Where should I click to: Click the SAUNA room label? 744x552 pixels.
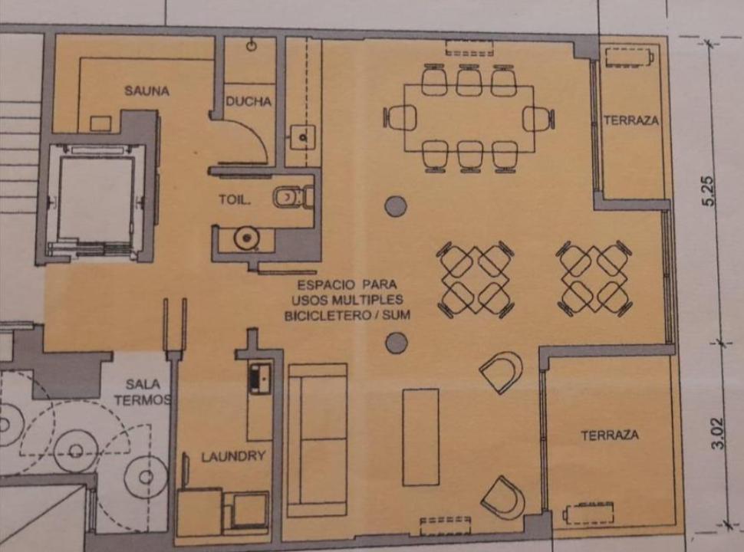click(146, 90)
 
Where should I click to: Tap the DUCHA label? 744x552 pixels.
click(249, 101)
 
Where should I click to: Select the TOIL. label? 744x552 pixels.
click(235, 199)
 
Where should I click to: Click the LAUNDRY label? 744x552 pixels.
click(233, 457)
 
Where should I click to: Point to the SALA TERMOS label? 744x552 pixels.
click(143, 393)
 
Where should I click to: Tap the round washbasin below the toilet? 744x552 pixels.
click(245, 238)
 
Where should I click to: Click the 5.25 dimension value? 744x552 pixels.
click(708, 191)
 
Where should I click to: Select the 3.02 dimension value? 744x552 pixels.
click(719, 433)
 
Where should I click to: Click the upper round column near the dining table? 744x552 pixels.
click(396, 206)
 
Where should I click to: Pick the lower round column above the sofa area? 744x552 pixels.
click(397, 343)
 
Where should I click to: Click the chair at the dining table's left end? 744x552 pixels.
click(401, 117)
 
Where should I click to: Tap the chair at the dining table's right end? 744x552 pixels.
click(538, 118)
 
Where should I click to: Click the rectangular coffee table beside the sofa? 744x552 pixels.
click(420, 437)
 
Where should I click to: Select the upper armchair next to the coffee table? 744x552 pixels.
click(502, 372)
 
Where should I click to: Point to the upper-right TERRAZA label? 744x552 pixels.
click(631, 120)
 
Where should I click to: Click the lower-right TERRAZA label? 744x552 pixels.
click(610, 435)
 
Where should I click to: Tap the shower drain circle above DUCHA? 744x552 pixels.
click(252, 45)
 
